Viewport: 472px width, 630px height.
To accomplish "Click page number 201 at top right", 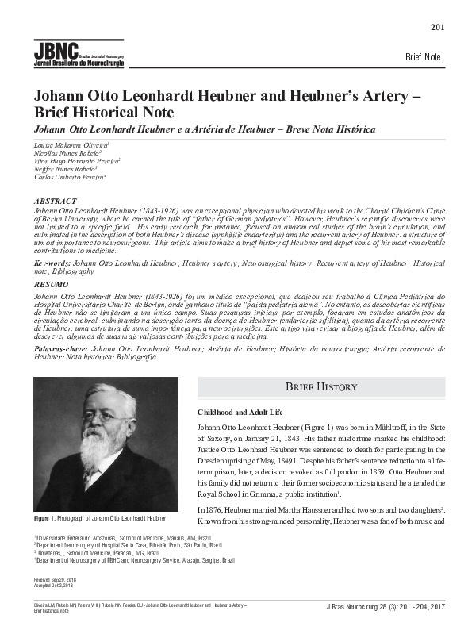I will (437, 29).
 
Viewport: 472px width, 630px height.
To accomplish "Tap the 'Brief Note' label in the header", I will (422, 58).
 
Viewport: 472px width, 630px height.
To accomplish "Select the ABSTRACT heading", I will (55, 202).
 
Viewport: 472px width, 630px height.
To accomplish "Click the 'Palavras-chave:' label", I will (61, 348).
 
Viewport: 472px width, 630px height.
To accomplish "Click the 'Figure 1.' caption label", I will (46, 517).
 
